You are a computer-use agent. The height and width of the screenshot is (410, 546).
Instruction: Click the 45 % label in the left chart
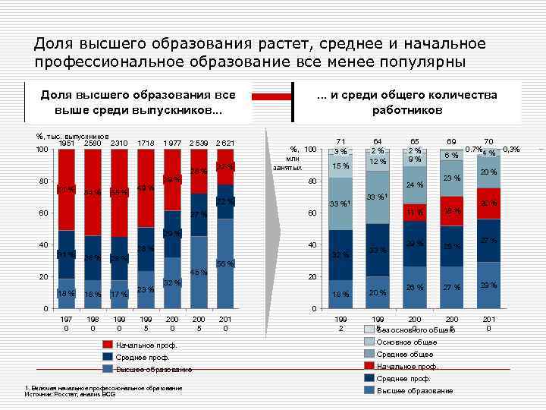click(199, 273)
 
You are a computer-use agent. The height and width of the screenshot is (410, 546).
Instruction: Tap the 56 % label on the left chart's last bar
click(225, 263)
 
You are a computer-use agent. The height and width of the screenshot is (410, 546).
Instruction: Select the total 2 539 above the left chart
click(199, 143)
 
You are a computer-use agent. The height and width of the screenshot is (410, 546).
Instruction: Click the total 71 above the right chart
click(340, 142)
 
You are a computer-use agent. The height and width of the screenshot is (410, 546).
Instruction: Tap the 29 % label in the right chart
click(488, 284)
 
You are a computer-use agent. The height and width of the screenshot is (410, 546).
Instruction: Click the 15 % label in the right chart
click(340, 166)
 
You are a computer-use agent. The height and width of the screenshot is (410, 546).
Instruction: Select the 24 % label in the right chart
click(414, 185)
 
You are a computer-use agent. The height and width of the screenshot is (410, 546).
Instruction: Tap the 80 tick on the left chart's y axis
click(45, 181)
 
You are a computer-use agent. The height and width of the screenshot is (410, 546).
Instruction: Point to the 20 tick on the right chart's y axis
click(311, 276)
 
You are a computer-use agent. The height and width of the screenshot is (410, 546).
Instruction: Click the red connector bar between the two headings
click(271, 96)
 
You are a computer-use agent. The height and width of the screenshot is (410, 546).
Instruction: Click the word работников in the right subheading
click(407, 110)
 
